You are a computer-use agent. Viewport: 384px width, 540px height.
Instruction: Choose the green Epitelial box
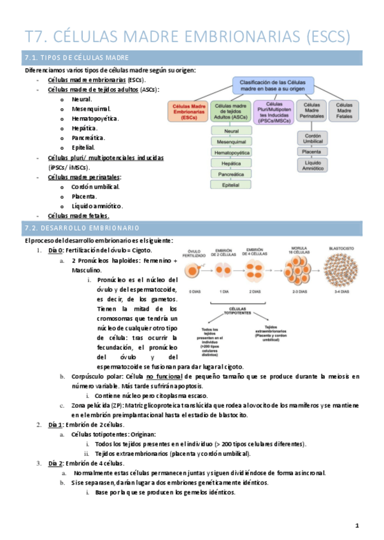(231, 185)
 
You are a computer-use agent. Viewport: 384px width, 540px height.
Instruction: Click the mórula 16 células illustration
(292, 271)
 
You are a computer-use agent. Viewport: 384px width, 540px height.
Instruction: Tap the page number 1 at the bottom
(357, 526)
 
